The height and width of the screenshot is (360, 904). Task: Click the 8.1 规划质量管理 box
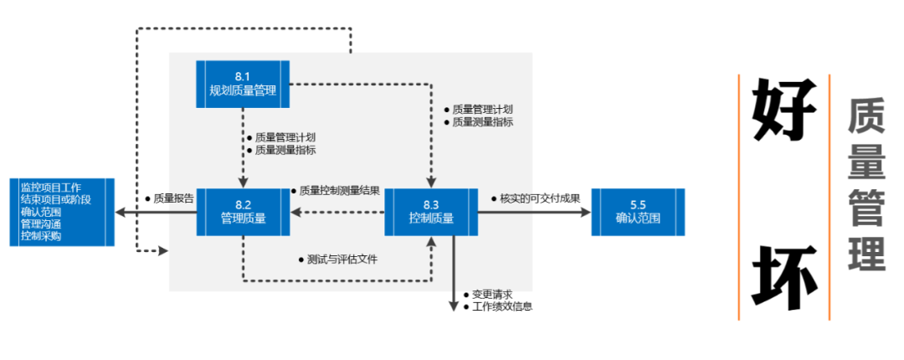tap(243, 84)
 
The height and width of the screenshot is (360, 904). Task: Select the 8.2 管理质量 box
tap(243, 212)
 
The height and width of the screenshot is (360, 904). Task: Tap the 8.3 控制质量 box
tap(431, 212)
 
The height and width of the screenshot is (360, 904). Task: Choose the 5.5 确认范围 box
tap(637, 212)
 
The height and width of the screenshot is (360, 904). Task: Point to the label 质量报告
tap(173, 199)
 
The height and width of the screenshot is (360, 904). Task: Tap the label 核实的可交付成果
tap(540, 198)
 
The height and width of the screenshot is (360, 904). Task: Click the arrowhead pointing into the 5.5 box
tap(586, 212)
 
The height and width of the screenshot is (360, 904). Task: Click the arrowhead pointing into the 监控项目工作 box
tap(121, 212)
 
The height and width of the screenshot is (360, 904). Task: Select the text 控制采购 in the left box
tap(41, 236)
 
